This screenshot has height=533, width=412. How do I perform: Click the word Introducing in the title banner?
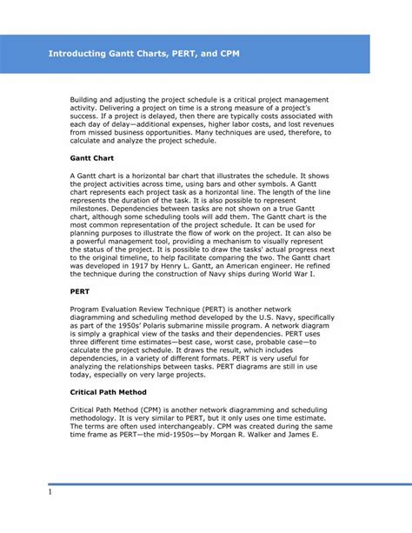click(79, 55)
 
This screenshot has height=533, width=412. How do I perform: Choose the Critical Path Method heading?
click(110, 391)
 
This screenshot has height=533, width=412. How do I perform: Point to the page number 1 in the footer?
click(50, 493)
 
